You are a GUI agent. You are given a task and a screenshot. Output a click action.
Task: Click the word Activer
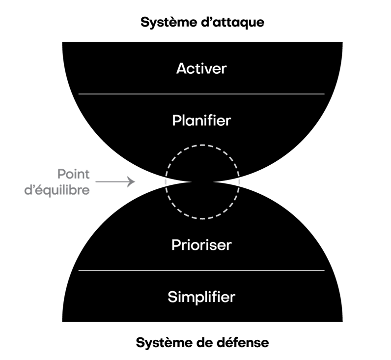coord(201,68)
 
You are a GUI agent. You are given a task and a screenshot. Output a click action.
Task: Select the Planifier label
coord(201,120)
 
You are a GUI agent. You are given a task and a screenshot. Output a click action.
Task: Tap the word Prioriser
coord(201,245)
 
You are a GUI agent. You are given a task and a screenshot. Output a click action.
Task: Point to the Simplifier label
coord(201,297)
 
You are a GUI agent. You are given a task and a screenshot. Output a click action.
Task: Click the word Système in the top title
coord(168,23)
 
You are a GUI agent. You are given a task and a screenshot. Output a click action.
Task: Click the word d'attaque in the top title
coord(232,22)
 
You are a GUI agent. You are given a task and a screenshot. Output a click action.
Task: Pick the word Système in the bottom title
coord(164,342)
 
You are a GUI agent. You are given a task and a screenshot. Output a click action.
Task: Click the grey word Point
coord(73,174)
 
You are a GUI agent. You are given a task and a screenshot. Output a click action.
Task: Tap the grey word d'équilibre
coord(57,190)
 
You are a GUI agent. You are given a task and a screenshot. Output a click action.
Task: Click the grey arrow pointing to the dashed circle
coord(115,181)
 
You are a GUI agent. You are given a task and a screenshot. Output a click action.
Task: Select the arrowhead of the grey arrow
coord(132,181)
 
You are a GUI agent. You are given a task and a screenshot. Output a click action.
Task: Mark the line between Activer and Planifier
coord(201,94)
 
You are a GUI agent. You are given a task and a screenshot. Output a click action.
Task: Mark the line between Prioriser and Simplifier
coord(201,270)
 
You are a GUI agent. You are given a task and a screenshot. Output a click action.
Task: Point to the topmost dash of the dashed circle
coord(202,145)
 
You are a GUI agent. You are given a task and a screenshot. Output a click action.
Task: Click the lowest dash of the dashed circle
coord(202,218)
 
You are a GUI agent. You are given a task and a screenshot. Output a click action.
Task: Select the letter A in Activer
coord(181,68)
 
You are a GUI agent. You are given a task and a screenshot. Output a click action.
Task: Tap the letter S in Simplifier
coord(172,297)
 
